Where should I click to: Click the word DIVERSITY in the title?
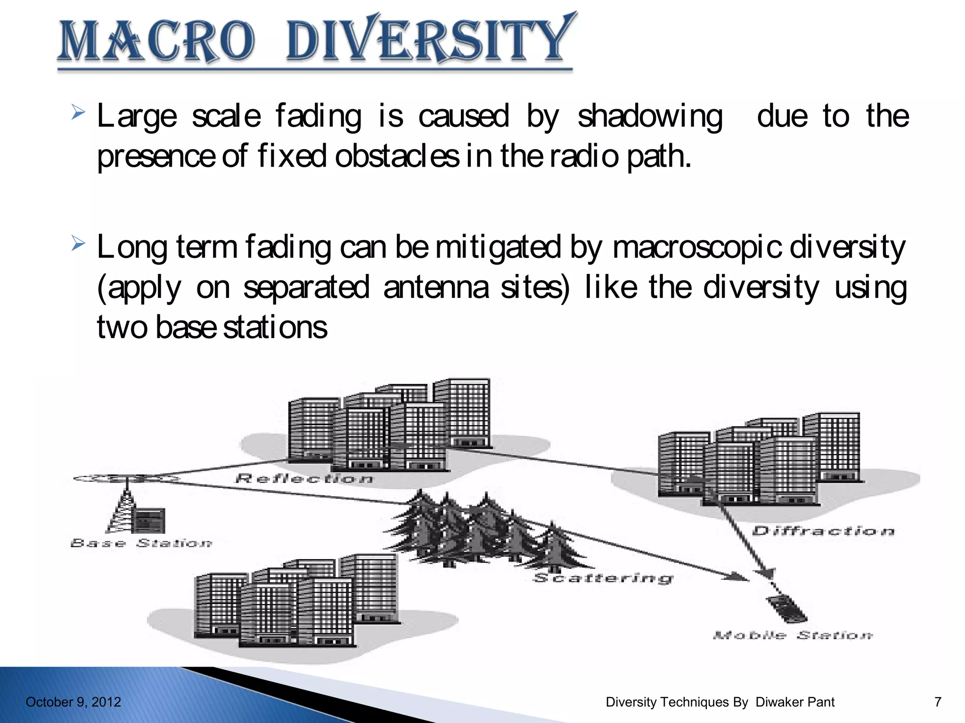[430, 40]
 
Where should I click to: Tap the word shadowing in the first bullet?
[649, 116]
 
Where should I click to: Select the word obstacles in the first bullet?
[396, 156]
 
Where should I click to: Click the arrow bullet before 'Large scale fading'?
[78, 113]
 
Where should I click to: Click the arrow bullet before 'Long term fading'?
[78, 244]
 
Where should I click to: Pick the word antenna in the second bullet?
[436, 288]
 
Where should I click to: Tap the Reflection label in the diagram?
[304, 479]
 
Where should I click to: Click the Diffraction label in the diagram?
[823, 531]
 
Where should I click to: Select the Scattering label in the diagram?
[603, 578]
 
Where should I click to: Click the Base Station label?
[141, 543]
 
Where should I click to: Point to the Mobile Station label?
[793, 635]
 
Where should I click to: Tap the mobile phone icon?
[786, 609]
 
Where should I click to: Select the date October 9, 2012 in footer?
[73, 702]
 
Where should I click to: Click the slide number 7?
[938, 702]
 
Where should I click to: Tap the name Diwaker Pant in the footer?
[795, 702]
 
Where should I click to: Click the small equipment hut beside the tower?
[150, 520]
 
